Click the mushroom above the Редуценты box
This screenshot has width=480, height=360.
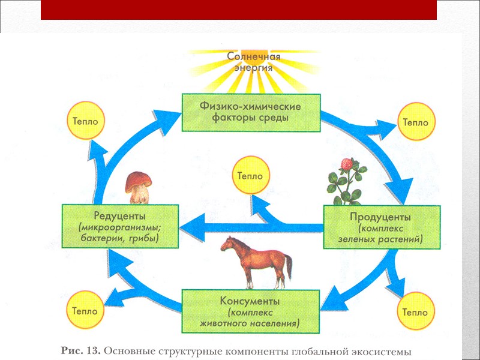(x=139, y=187)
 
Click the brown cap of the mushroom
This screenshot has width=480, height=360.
(x=139, y=179)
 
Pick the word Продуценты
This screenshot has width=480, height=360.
(x=382, y=217)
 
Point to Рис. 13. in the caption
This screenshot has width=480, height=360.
(x=82, y=349)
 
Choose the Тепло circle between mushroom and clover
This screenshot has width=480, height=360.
(x=250, y=176)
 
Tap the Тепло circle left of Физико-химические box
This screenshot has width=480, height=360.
(x=85, y=121)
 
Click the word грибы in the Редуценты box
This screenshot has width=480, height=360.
(x=143, y=238)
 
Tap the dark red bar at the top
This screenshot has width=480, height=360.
(x=239, y=10)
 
